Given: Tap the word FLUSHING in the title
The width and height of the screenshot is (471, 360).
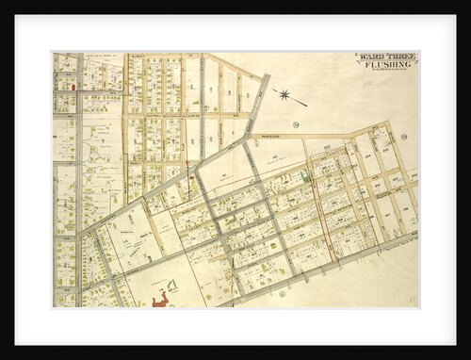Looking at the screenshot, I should (386, 66).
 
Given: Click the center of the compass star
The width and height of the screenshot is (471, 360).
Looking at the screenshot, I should (284, 93).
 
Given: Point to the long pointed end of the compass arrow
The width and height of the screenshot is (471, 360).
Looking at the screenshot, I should (305, 104).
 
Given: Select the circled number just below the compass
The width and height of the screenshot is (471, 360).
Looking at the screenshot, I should (295, 124).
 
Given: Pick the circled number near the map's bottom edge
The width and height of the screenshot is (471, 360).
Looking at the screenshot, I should (282, 295).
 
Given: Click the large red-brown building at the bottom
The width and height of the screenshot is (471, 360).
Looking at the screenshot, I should (161, 299).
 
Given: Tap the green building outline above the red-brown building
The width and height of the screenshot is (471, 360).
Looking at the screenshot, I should (171, 284).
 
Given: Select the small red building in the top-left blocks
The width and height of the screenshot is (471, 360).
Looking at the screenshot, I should (73, 86).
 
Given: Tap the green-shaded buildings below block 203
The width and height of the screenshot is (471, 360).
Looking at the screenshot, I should (305, 175).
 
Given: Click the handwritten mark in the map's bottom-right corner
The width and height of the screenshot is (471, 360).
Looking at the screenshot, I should (412, 299).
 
